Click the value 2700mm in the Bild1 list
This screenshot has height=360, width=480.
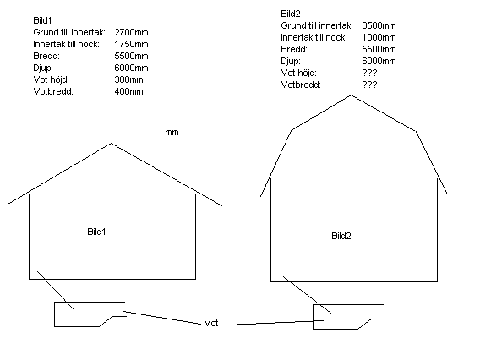131,32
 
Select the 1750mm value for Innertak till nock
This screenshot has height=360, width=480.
131,45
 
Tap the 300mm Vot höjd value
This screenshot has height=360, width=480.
129,80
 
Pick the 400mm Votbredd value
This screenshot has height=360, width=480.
129,92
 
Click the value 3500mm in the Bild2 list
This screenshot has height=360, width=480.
379,25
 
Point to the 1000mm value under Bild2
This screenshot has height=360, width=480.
379,38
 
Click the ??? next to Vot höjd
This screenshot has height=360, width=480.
369,74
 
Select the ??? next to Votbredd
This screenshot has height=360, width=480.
369,85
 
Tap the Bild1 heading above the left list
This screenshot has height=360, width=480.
42,20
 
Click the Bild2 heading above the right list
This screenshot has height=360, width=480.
291,14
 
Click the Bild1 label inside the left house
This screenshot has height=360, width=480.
96,232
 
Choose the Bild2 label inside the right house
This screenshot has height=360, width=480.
341,236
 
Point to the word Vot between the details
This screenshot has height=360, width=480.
211,323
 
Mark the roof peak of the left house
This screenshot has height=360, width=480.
111,144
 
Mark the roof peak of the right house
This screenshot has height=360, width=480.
351,95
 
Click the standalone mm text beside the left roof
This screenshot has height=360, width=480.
172,133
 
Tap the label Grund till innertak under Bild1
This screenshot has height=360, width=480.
69,32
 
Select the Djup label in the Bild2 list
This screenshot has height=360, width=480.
291,62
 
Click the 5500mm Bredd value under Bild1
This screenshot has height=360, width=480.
131,57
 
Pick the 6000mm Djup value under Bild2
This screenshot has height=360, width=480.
379,61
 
